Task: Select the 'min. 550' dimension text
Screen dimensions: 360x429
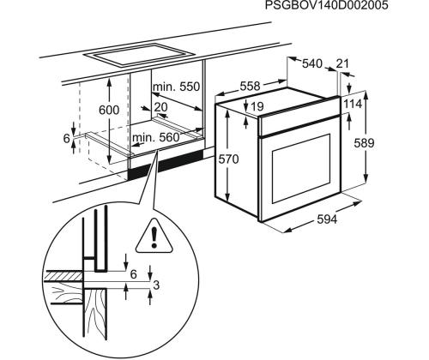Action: tap(175, 88)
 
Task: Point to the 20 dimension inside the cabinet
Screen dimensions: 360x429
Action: tap(160, 107)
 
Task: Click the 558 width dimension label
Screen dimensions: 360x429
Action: tap(249, 87)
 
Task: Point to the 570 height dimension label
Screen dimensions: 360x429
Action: tap(227, 160)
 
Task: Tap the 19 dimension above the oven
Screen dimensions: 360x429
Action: tap(258, 107)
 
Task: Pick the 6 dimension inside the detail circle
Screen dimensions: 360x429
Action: tap(132, 273)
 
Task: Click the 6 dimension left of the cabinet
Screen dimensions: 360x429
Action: tap(66, 138)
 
